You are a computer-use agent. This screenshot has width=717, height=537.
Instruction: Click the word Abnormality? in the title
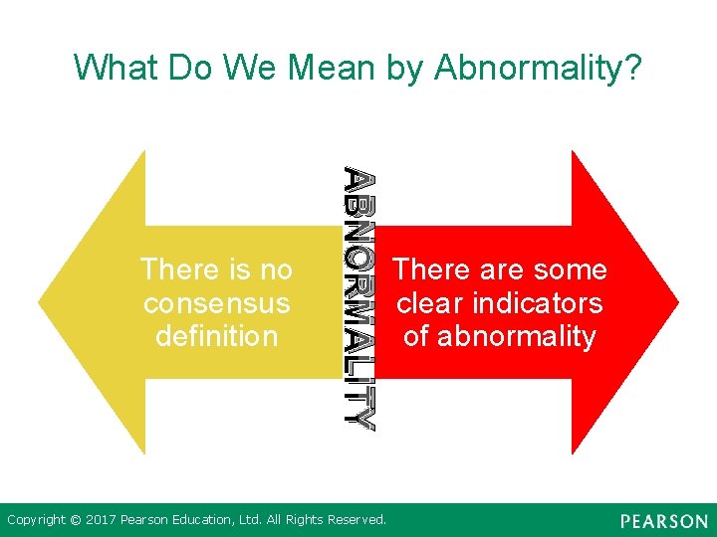point(540,68)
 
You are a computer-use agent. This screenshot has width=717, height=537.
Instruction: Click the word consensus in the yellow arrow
point(217,303)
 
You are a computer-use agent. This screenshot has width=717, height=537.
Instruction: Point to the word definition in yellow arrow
point(217,336)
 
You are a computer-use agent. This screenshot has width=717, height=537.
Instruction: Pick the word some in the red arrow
point(569,269)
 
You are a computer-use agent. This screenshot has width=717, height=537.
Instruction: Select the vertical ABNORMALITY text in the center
point(359,298)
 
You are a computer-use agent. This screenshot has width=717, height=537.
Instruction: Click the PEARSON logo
point(663,521)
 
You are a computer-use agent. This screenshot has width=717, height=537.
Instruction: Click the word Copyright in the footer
point(37,519)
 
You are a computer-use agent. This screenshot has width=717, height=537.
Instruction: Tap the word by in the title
point(408,68)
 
